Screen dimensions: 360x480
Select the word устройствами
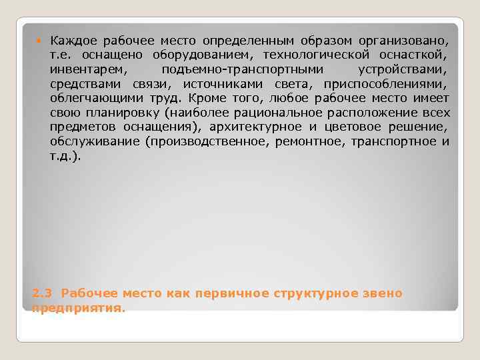point(403,69)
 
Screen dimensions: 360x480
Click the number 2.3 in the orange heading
point(40,293)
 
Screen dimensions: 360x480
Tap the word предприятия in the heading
point(77,309)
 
